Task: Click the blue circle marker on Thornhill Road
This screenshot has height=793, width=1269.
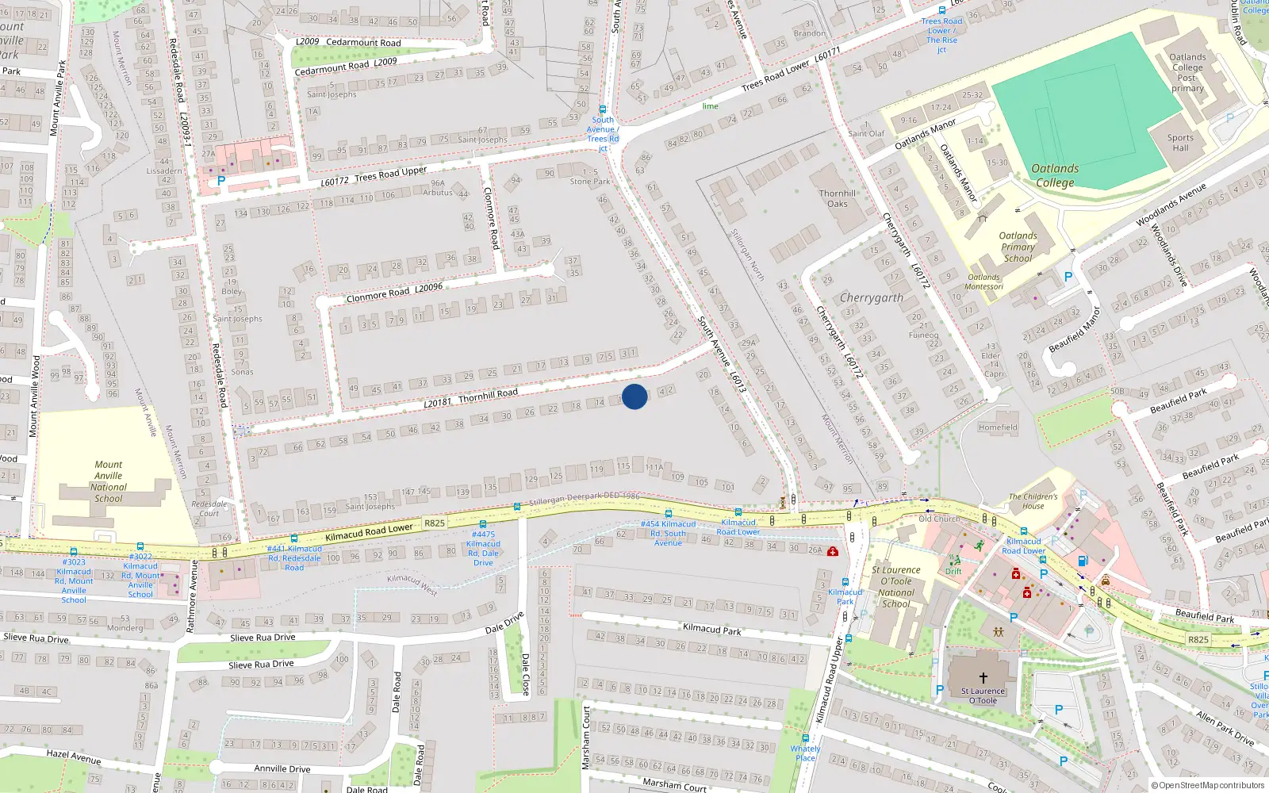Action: point(634,396)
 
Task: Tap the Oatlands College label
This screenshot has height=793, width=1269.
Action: point(1055,175)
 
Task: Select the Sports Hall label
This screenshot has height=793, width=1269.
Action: point(1180,143)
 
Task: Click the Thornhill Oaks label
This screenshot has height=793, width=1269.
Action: point(838,198)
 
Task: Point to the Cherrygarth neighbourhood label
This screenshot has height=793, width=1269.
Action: point(871,298)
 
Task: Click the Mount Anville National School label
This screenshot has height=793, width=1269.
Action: point(109,481)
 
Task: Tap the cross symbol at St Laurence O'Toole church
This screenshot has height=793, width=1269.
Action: point(983,678)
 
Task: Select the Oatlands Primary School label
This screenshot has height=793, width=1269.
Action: point(1018,247)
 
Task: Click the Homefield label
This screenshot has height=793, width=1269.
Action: point(998,427)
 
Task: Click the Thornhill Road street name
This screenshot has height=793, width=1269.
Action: point(487,394)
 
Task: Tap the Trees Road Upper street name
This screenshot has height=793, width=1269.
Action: point(390,174)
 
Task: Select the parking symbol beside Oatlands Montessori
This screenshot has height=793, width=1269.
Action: point(1068,278)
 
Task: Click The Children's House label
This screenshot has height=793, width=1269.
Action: point(1033,501)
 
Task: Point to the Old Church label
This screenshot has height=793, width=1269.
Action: point(939,519)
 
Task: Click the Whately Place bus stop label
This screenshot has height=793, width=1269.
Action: point(805,753)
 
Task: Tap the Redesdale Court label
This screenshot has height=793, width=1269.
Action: point(209,508)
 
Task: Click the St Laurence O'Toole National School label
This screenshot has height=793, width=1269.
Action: point(896,587)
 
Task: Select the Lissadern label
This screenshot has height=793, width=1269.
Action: point(164,170)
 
